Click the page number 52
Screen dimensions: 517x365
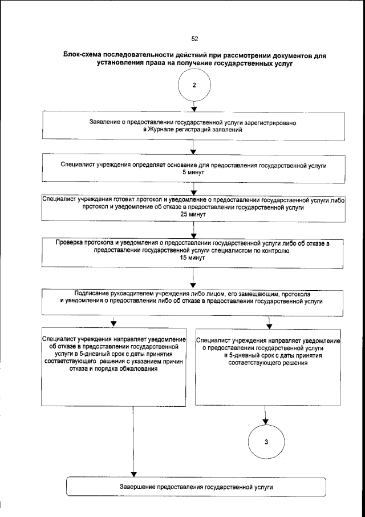(194, 39)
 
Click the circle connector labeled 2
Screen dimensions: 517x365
(194, 85)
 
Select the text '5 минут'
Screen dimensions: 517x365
(194, 171)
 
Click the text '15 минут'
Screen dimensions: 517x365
(194, 258)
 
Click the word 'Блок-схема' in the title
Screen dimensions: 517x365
(84, 57)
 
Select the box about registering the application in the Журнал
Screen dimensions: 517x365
(194, 127)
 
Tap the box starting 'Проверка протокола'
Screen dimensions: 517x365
(194, 250)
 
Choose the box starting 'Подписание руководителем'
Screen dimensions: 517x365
(194, 300)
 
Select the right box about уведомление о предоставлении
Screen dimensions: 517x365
(267, 366)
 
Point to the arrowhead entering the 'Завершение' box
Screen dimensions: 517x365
(133, 474)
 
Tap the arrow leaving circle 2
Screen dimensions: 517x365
(194, 106)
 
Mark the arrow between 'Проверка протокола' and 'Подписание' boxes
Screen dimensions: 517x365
(194, 280)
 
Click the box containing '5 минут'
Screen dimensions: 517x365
(194, 168)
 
